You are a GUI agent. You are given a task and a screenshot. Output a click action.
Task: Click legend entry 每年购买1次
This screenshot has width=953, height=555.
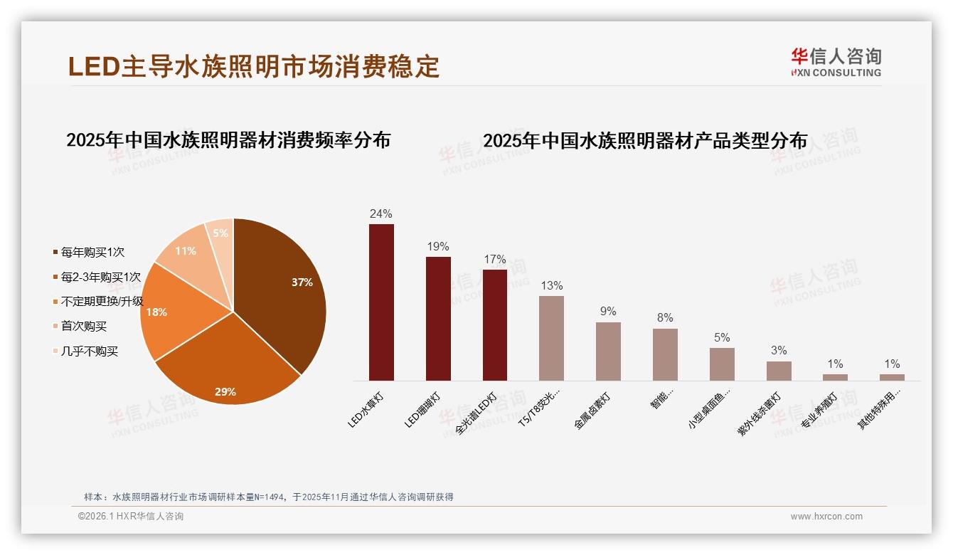(92, 252)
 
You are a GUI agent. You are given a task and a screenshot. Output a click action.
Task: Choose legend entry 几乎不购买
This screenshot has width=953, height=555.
(89, 351)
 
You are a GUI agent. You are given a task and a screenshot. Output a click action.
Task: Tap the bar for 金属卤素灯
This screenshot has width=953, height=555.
(608, 351)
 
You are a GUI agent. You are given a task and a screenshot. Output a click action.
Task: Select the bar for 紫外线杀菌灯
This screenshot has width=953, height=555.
(779, 371)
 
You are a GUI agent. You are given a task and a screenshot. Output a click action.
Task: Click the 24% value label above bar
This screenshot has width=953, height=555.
(381, 213)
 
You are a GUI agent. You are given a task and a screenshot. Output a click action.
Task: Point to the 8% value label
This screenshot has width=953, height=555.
(665, 318)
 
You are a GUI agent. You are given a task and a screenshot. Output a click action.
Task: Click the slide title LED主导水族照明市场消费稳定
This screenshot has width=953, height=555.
(254, 66)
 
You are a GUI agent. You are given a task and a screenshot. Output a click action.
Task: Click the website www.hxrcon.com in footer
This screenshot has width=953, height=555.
(826, 517)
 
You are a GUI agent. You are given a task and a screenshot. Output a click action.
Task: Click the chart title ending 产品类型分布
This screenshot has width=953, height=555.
(645, 141)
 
